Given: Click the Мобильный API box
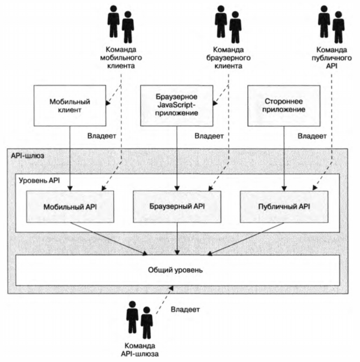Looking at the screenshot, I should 70,206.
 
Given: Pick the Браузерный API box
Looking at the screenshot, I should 177,206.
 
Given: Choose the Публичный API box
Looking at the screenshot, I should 284,206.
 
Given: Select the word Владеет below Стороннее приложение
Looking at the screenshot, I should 312,137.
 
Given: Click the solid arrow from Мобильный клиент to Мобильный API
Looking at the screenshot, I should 70,159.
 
